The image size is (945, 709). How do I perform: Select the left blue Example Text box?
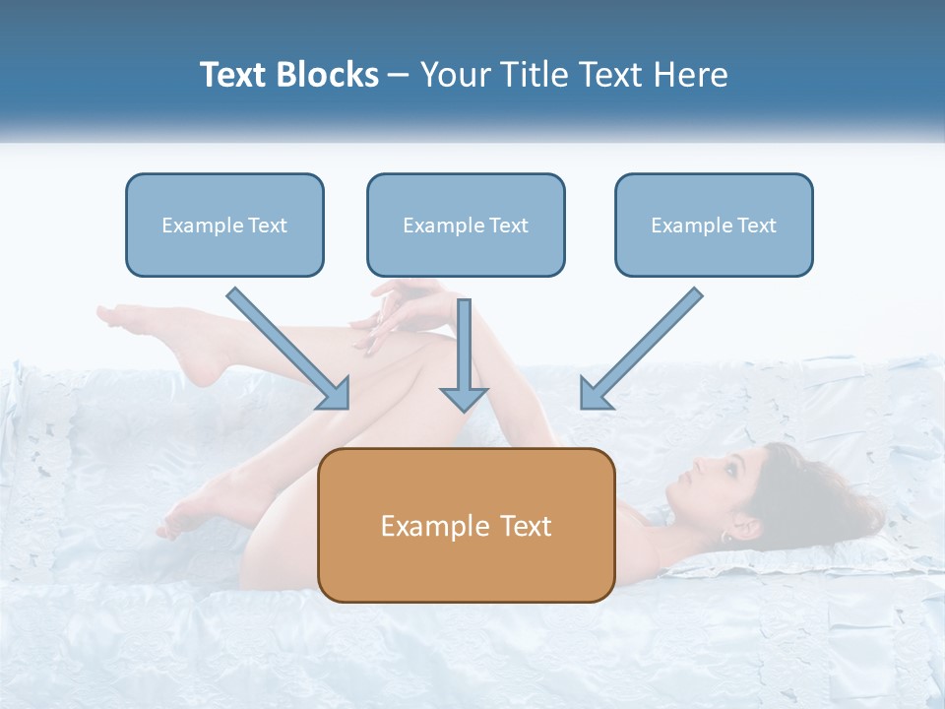224,225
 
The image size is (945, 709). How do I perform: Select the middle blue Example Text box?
466,225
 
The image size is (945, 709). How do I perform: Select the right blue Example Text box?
714,225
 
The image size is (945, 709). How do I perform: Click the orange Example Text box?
466,525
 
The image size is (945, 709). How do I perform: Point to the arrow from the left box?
285,345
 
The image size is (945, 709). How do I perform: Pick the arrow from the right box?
645,345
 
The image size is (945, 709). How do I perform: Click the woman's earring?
725,537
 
